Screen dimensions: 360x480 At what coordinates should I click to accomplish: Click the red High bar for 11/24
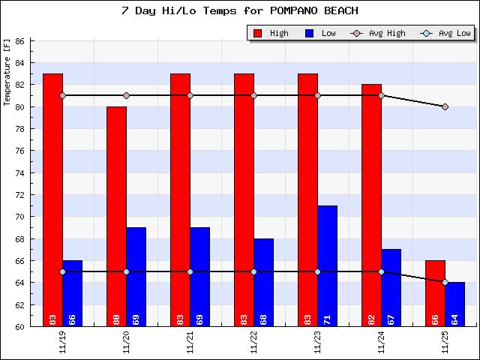371,202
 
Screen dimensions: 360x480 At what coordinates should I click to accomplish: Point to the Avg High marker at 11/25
445,106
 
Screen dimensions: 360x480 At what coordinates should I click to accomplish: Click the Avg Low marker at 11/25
445,282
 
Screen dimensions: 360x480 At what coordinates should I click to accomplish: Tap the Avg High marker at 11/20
126,95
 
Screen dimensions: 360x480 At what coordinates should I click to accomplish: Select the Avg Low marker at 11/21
190,271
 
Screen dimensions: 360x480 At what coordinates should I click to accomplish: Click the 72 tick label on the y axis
20,195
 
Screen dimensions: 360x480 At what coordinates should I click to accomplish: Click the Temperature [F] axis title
7,73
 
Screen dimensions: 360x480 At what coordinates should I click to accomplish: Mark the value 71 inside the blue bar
327,319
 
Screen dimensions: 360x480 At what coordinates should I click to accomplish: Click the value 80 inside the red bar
116,319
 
